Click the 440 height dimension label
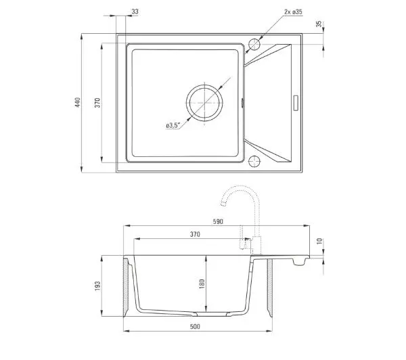78,103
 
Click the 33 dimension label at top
135,12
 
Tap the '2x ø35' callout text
293,12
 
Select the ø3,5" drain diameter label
173,125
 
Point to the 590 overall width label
218,221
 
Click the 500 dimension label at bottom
195,326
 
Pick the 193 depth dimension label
97,286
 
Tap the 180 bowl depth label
202,284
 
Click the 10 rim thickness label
320,241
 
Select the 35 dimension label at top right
319,24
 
